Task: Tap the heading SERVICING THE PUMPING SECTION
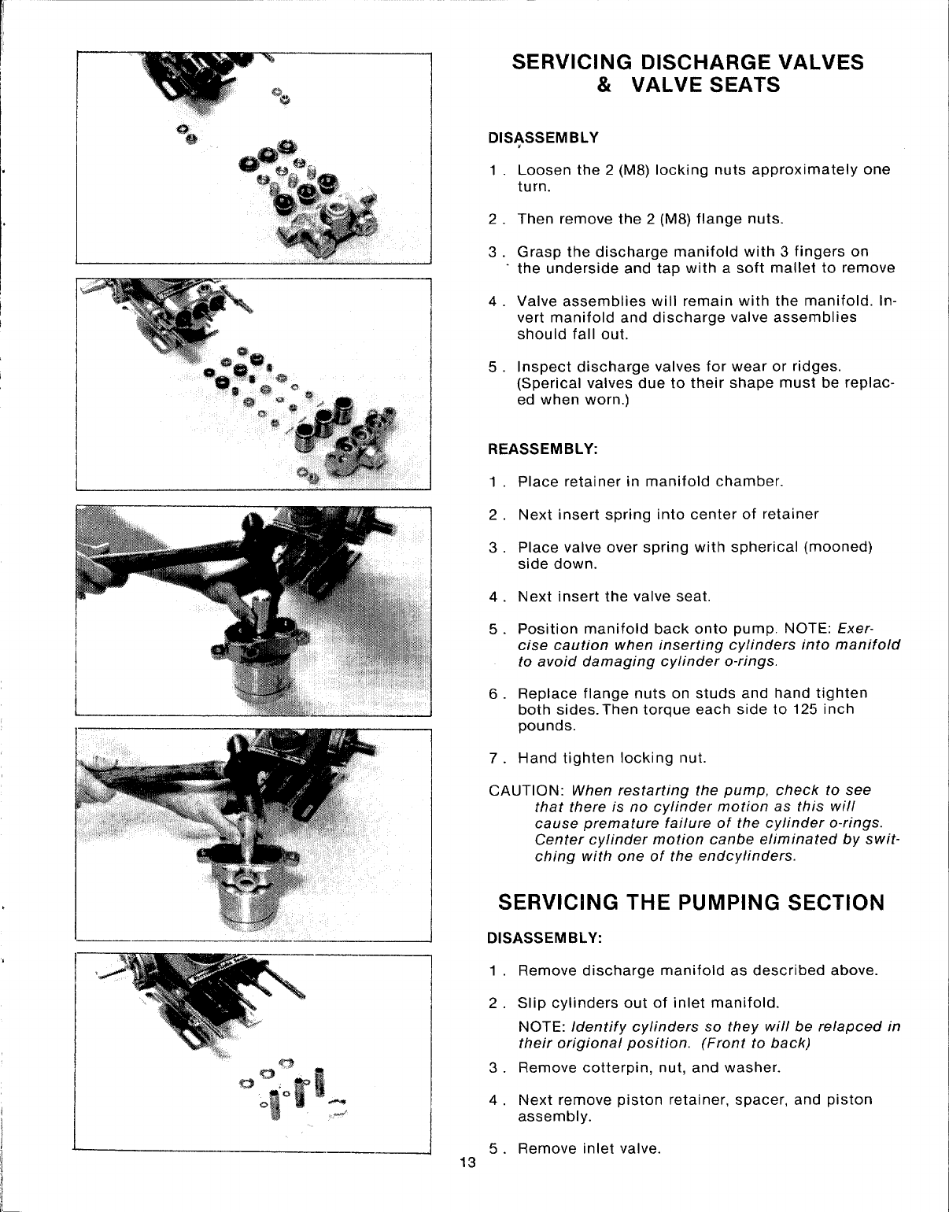click(x=692, y=902)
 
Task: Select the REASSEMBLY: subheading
click(x=544, y=449)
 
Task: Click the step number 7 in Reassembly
click(x=493, y=759)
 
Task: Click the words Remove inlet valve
click(x=588, y=1148)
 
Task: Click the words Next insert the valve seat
click(x=614, y=597)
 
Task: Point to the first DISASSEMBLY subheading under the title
click(x=544, y=138)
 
